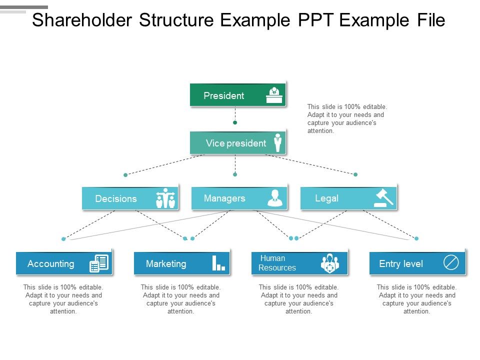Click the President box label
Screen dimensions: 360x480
(x=224, y=96)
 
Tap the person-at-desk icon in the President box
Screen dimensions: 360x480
(x=274, y=95)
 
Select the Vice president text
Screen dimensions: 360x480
(x=236, y=143)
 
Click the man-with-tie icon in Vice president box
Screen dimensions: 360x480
(x=277, y=143)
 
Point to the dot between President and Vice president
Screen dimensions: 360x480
(x=235, y=122)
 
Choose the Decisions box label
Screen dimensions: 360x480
(x=116, y=199)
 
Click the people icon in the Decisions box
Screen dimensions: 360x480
(x=165, y=198)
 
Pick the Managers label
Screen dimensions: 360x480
(x=224, y=198)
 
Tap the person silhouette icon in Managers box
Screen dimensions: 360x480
(x=275, y=198)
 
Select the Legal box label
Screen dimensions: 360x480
(x=326, y=198)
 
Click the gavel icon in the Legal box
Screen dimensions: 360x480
(x=384, y=198)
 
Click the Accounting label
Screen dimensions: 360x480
(x=51, y=264)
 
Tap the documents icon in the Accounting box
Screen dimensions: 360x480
(x=99, y=263)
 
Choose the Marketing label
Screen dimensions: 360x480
(x=166, y=264)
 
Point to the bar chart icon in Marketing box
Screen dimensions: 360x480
(x=218, y=263)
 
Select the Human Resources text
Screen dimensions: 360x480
(x=277, y=263)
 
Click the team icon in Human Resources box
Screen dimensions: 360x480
(x=329, y=263)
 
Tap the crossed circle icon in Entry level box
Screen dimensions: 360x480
(x=451, y=263)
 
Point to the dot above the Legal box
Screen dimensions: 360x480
(x=355, y=174)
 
